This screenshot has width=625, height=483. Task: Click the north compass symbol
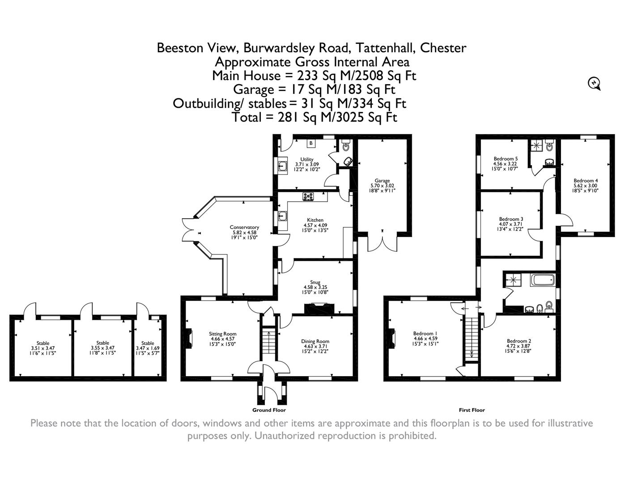(x=594, y=83)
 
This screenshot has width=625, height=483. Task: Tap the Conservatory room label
(x=244, y=227)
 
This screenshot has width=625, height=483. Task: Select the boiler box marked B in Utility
(x=310, y=143)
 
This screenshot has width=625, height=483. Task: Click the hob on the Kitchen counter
(x=308, y=197)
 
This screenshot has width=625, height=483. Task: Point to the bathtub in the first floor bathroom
(x=542, y=280)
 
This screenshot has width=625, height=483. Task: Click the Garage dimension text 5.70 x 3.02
(x=382, y=186)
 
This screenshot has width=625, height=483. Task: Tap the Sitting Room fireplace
(x=189, y=339)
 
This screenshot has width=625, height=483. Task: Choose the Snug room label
(x=315, y=282)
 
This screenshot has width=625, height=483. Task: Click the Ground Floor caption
(x=269, y=410)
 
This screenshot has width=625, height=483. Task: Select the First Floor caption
(x=472, y=410)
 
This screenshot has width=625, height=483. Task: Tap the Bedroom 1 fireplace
(x=392, y=339)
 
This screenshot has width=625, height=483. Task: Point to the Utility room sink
(x=282, y=166)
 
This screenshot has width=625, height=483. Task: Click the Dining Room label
(x=315, y=341)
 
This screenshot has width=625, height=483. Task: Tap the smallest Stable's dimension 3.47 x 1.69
(x=148, y=348)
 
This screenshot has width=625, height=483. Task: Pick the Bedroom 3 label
(x=511, y=219)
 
